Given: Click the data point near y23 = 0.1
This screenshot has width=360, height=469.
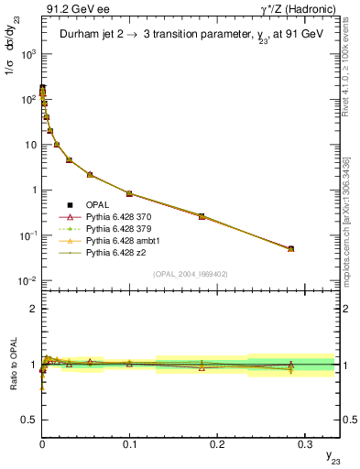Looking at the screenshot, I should tap(129, 193).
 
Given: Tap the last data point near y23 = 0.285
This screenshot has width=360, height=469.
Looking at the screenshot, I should tap(290, 248).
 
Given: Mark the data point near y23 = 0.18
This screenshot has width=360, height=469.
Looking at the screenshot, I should tap(202, 216).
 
